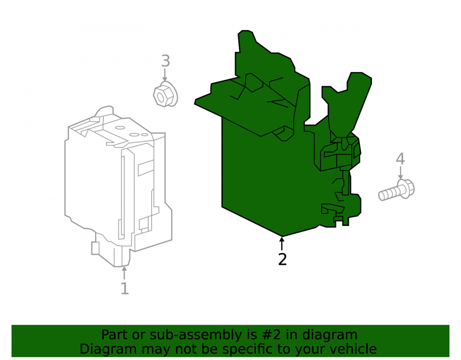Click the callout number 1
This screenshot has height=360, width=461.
(124, 289)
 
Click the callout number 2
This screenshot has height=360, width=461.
(282, 260)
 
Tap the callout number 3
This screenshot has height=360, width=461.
(165, 61)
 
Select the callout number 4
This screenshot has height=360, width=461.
(400, 159)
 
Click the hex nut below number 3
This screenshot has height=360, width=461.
(165, 94)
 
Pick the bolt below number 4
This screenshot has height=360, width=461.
(396, 190)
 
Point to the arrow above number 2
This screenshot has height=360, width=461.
(282, 244)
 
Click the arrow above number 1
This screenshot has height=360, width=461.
(124, 273)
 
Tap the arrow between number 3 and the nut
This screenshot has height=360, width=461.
(165, 75)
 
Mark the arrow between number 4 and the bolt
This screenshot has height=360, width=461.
(400, 173)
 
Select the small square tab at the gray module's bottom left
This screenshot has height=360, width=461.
(95, 248)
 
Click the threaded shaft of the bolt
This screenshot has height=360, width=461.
(388, 194)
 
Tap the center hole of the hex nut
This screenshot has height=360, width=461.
(160, 97)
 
